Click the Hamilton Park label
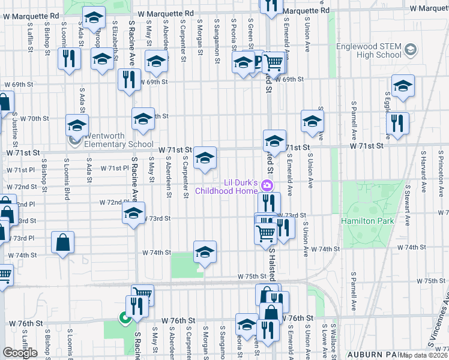click(x=367, y=221)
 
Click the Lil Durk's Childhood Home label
click(x=241, y=186)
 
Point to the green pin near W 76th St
click(x=125, y=318)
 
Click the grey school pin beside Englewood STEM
click(x=411, y=50)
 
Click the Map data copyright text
click(x=424, y=355)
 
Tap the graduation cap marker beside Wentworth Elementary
click(x=77, y=126)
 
